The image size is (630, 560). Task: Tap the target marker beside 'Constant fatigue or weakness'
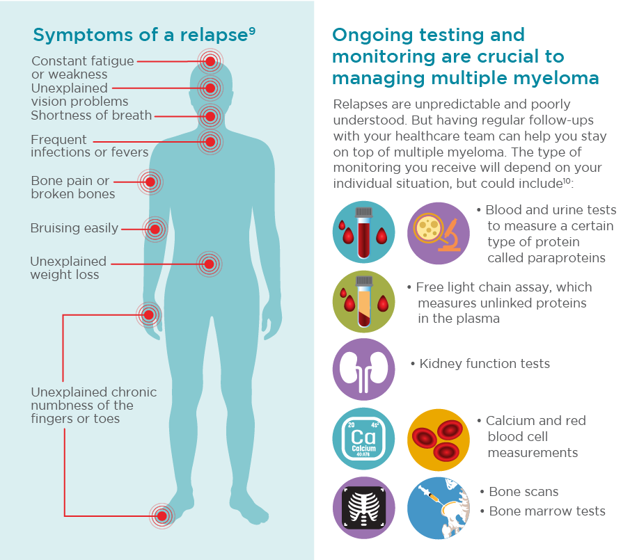click(210, 61)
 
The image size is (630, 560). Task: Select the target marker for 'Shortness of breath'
click(210, 116)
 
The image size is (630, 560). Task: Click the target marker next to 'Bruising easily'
click(155, 228)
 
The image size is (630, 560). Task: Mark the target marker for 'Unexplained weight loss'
click(209, 264)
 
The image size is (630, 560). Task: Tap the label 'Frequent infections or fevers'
click(89, 145)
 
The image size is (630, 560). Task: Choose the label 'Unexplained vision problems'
click(79, 95)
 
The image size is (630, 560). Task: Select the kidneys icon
click(363, 369)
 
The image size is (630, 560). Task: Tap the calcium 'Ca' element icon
click(363, 438)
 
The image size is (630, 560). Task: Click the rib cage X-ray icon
click(363, 507)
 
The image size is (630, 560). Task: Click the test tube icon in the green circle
click(363, 301)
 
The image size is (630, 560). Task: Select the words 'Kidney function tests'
click(485, 364)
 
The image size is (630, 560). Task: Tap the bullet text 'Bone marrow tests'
click(547, 511)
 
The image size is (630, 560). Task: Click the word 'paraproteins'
click(546, 258)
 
